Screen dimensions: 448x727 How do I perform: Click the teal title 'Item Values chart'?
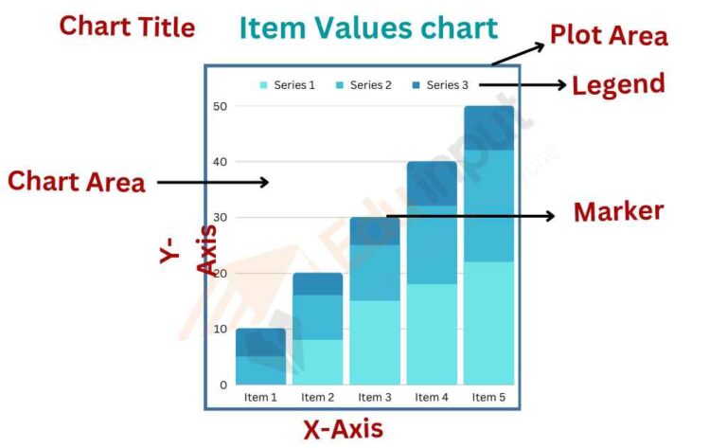368,28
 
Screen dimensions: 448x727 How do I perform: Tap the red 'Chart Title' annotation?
127,27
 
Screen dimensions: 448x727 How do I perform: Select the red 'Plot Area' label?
609,36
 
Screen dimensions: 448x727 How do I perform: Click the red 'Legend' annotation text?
618,84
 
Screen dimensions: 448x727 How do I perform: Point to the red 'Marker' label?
618,212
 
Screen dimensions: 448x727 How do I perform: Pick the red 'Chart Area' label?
77,181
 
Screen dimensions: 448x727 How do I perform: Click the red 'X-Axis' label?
344,429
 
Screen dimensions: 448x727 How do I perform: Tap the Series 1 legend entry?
288,85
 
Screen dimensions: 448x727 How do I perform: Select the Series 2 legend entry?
363,85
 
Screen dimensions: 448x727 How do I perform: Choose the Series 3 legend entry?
440,85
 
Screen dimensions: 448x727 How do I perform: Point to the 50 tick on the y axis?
221,106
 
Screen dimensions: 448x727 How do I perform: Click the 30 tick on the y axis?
221,218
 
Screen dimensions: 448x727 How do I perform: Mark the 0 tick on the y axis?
223,385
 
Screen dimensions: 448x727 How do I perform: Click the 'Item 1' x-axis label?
260,398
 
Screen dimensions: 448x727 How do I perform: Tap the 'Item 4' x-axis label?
432,398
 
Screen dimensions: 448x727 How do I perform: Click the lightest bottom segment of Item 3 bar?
375,341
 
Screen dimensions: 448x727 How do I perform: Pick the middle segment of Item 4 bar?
432,244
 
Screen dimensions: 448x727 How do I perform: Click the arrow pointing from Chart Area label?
213,182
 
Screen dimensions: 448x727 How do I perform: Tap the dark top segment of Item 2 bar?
317,284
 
